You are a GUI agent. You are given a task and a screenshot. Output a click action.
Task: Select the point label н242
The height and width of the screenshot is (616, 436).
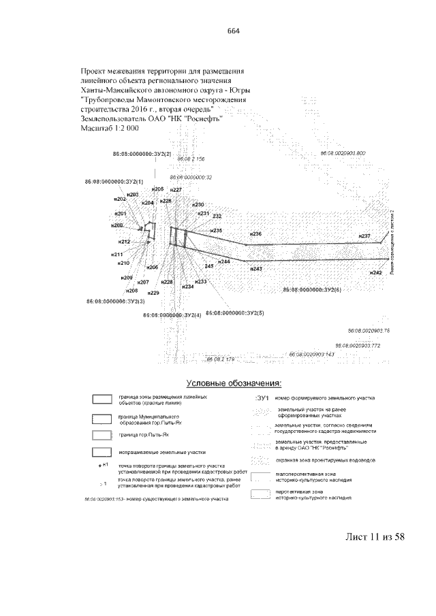click(x=375, y=272)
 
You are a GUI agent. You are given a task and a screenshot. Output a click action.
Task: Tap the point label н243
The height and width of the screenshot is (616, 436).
click(x=256, y=270)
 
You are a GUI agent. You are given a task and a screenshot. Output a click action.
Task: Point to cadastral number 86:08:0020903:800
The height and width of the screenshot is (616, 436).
click(x=343, y=153)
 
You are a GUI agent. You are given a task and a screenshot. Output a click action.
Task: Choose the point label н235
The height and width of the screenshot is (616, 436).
click(x=216, y=231)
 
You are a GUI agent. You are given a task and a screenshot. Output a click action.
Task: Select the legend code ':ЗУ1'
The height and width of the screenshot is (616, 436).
click(x=263, y=397)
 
